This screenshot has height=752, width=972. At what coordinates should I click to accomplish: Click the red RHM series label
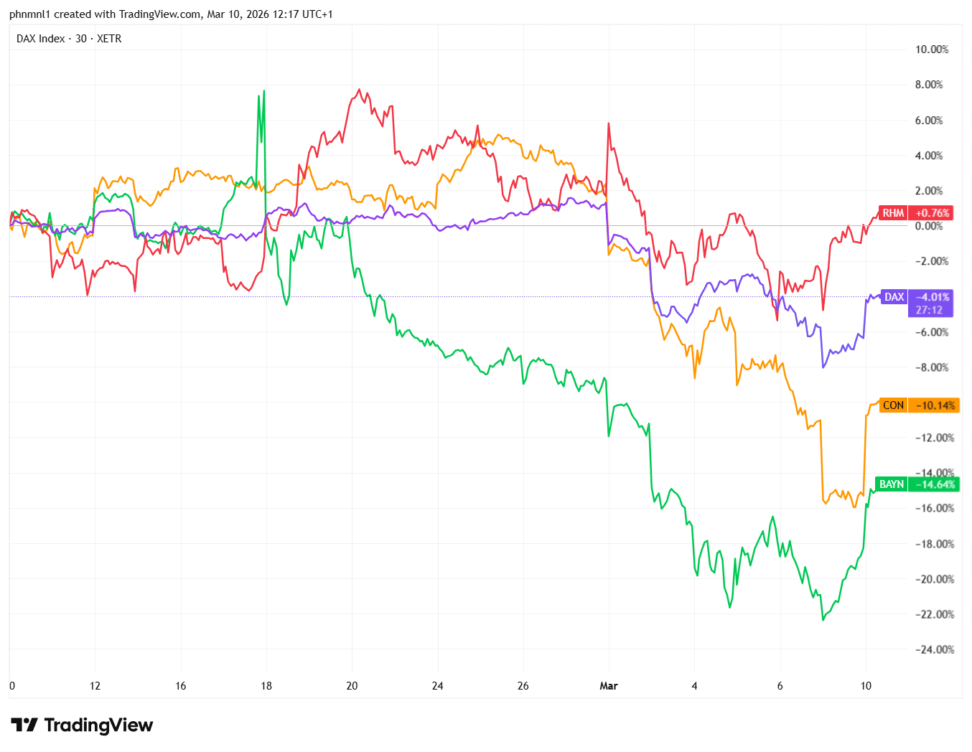point(893,213)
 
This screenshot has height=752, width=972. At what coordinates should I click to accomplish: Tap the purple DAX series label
point(894,297)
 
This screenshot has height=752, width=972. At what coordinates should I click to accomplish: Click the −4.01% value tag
point(932,297)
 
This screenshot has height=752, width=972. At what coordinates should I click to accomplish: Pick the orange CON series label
point(893,405)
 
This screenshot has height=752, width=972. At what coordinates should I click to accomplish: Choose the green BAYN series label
point(892,484)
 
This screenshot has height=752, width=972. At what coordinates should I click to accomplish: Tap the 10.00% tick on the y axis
point(931,50)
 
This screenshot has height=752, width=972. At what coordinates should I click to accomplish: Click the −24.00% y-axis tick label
point(934,649)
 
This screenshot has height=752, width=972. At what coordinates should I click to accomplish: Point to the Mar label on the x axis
point(609,686)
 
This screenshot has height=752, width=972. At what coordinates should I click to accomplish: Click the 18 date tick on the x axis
point(266,686)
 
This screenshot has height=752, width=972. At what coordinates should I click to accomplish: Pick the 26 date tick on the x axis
point(523,686)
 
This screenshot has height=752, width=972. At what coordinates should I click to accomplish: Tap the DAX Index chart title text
point(69,39)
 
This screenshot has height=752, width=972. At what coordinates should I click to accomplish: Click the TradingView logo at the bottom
point(82,725)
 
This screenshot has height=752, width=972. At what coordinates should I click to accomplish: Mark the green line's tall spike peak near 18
point(264,91)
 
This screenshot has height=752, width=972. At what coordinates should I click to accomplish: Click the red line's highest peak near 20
point(359,90)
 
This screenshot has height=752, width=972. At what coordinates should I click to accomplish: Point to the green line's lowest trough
point(823,620)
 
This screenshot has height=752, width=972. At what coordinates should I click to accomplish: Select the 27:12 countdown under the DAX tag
point(928,310)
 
